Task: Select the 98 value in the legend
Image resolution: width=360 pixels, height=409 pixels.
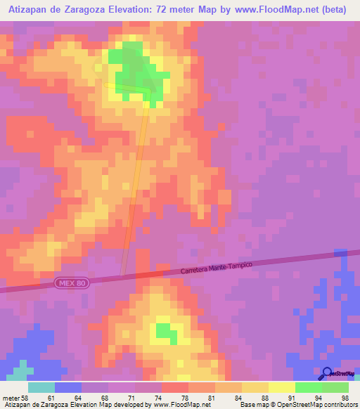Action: tap(345, 398)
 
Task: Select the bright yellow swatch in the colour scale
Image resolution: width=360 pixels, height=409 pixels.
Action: tap(281, 387)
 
